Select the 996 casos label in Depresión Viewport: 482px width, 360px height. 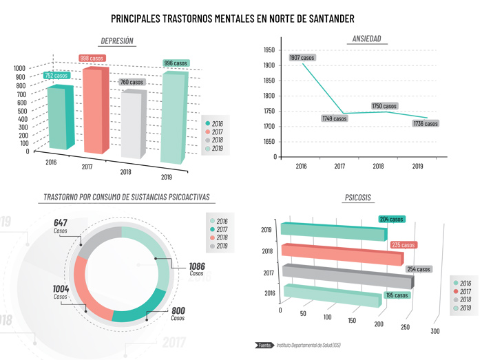point(176,63)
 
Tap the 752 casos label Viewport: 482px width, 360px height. point(56,76)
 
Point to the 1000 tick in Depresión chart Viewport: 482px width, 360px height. point(19,68)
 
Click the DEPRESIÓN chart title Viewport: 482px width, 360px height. point(117,41)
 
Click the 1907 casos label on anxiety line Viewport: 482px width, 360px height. point(302,58)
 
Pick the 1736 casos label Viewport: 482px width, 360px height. point(426,124)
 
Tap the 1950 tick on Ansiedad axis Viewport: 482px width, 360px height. point(269,50)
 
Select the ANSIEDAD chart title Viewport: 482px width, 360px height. point(366,39)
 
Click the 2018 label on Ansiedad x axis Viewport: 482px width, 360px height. point(378,167)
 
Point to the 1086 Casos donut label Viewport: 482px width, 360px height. point(197,268)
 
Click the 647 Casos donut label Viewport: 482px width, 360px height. point(61,226)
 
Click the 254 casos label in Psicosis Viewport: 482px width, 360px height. point(418,269)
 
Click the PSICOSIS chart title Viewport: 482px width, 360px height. point(357,198)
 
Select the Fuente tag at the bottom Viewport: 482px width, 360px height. point(264,345)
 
